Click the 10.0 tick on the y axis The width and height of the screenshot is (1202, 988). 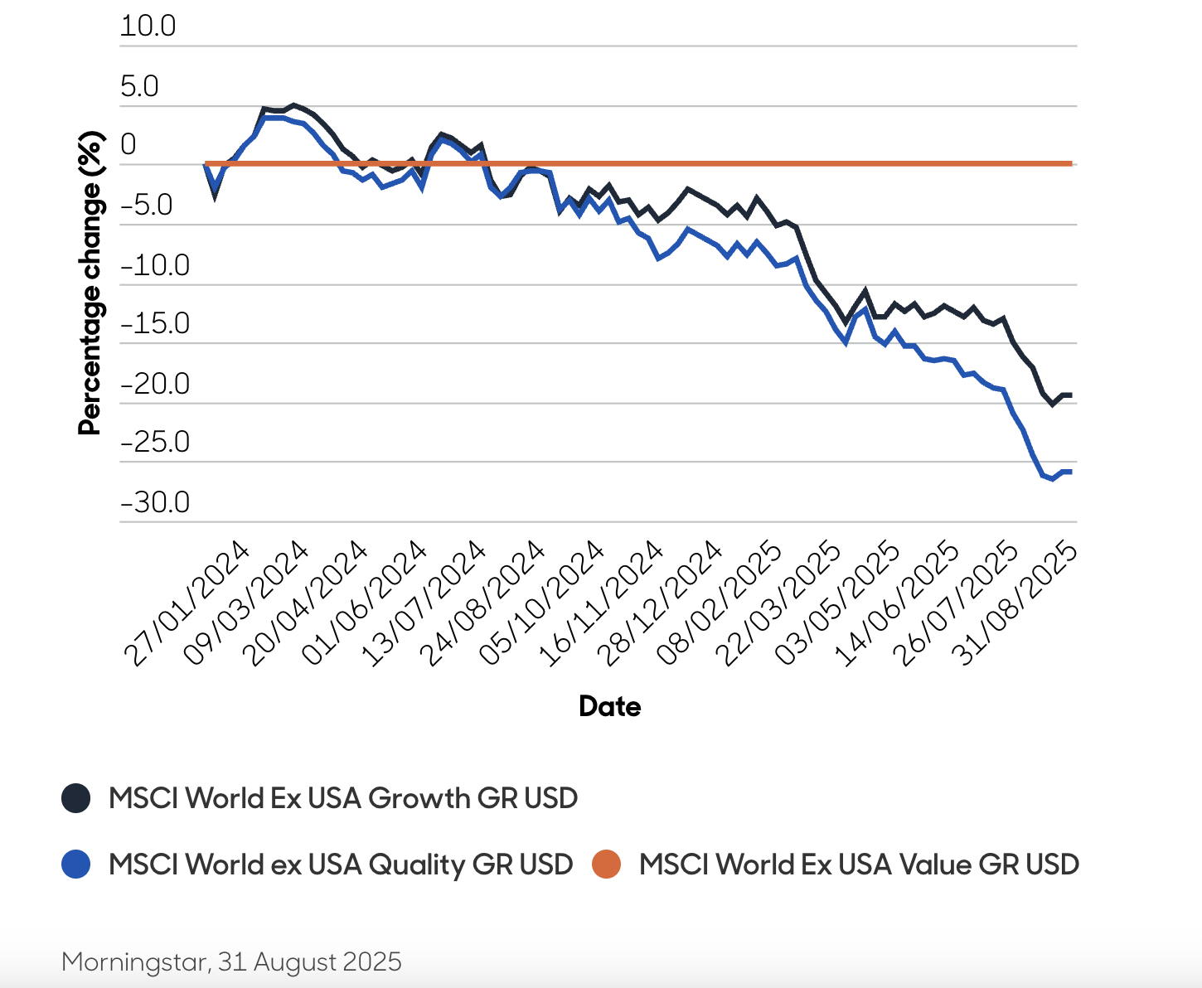(x=148, y=26)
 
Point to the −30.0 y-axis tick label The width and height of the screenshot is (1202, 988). (x=155, y=502)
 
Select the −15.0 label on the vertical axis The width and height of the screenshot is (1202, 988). (x=155, y=323)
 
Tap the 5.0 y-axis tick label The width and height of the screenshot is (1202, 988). (x=139, y=86)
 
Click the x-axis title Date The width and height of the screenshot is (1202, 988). (x=609, y=706)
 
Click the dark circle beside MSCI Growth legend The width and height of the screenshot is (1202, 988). (x=76, y=798)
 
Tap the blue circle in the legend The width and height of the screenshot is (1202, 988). (x=76, y=864)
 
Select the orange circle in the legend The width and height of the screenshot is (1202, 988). (x=607, y=864)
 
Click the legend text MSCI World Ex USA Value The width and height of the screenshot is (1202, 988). (x=859, y=864)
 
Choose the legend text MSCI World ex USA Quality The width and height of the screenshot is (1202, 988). (x=341, y=864)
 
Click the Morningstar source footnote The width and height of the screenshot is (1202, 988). (x=231, y=961)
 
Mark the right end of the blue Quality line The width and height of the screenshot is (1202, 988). (x=1070, y=472)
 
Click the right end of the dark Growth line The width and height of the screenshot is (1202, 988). (x=1070, y=395)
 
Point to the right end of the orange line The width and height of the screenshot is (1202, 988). (x=1071, y=164)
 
